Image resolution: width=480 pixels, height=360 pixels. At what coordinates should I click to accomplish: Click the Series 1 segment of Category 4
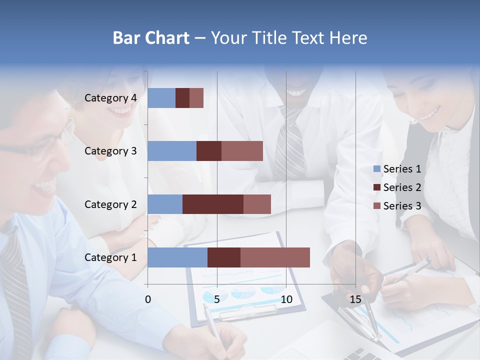pyautogui.click(x=161, y=98)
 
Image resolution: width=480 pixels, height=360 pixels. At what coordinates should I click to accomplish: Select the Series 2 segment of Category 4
pyautogui.click(x=182, y=98)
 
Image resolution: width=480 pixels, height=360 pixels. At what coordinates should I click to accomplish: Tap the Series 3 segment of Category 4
pyautogui.click(x=196, y=98)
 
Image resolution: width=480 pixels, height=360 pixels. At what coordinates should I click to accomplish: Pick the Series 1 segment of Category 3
pyautogui.click(x=172, y=151)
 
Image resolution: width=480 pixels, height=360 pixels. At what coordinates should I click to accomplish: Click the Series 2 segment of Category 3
pyautogui.click(x=209, y=151)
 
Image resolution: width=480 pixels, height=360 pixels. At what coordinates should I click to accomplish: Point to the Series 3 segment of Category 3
pyautogui.click(x=242, y=151)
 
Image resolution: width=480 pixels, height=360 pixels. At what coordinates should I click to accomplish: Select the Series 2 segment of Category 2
pyautogui.click(x=213, y=204)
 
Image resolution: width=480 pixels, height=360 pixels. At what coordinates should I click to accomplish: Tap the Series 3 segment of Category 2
pyautogui.click(x=257, y=204)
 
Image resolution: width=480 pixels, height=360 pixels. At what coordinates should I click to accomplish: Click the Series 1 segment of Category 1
pyautogui.click(x=177, y=257)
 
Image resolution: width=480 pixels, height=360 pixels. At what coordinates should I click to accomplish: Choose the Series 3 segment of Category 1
pyautogui.click(x=275, y=257)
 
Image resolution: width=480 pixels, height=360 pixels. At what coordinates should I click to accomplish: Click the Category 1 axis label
pyautogui.click(x=110, y=257)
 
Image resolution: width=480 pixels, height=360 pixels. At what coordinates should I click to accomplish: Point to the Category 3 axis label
pyautogui.click(x=110, y=151)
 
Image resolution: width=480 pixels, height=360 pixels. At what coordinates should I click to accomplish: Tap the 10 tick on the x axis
pyautogui.click(x=286, y=299)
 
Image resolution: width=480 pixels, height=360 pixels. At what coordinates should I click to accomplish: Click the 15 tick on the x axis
pyautogui.click(x=355, y=299)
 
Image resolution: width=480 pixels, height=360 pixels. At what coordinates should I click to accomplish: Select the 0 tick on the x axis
pyautogui.click(x=148, y=299)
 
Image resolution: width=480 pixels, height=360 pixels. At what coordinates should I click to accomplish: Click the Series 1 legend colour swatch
pyautogui.click(x=376, y=169)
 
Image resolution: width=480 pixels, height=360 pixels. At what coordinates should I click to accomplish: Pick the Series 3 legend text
pyautogui.click(x=402, y=206)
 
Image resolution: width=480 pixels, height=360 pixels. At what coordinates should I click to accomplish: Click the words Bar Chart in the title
pyautogui.click(x=151, y=38)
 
